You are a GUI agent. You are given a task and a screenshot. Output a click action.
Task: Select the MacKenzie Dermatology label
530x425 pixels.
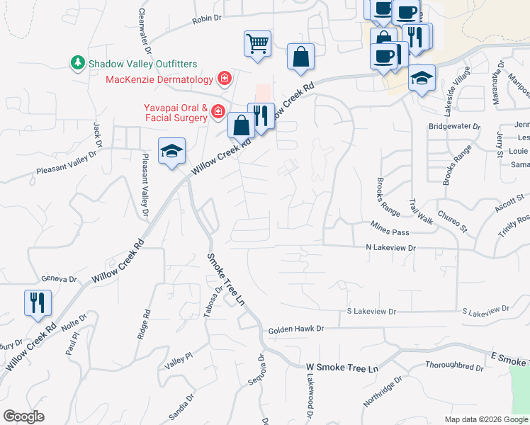(x=160, y=79)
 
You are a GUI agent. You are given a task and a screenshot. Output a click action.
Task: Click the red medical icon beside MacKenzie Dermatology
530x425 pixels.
(x=225, y=78)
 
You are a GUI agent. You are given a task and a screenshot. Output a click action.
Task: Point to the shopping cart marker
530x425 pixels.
(x=257, y=43)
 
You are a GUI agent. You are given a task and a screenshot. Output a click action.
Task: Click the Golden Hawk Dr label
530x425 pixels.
(x=295, y=329)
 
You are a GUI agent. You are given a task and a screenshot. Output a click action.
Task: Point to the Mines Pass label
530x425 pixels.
(x=390, y=224)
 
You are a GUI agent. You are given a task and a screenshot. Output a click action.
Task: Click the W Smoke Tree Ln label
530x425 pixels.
(x=343, y=368)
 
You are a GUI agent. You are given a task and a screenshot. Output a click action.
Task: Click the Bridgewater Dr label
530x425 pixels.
(x=455, y=127)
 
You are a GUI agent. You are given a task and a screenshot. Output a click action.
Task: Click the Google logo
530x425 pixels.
(x=23, y=416)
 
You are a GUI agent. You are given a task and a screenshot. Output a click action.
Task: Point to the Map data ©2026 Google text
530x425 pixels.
(x=486, y=419)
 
